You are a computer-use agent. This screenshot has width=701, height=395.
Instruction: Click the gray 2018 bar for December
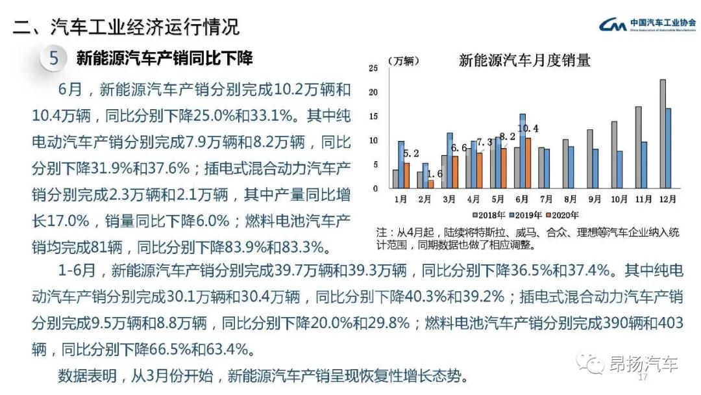point(663,133)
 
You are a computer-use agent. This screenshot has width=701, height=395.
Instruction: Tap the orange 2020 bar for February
point(431,184)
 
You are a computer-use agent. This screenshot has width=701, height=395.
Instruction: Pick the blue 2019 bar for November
point(644,164)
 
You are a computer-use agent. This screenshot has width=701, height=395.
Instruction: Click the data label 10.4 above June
point(528,128)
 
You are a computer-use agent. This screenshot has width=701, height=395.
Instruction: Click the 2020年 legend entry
point(562,214)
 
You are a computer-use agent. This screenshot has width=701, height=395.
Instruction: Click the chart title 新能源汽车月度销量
point(524,61)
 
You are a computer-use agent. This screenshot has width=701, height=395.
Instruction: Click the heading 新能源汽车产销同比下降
point(164,58)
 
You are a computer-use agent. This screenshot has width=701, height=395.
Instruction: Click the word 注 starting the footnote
point(381,232)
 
